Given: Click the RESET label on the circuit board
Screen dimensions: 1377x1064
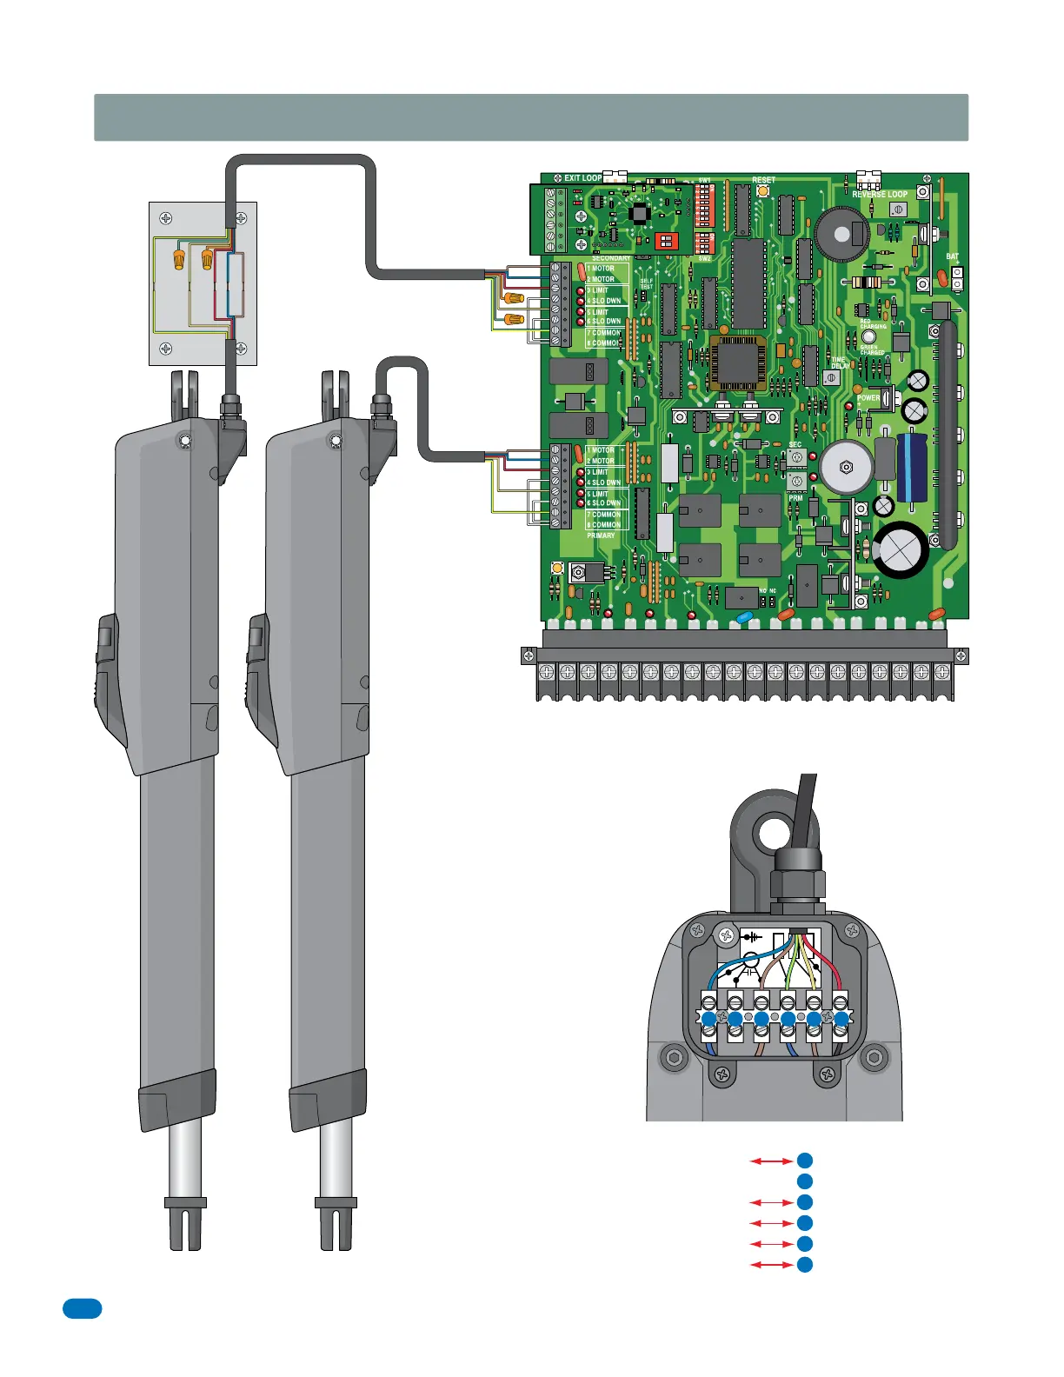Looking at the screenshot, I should click(x=763, y=180).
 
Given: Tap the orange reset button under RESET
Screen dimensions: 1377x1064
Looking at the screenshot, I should click(x=763, y=190).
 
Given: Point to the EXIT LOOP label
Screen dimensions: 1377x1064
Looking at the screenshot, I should click(x=582, y=178).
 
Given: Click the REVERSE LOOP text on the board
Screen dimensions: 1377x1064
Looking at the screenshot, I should click(x=880, y=195).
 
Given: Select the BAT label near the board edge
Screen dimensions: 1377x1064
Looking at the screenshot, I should click(x=953, y=257).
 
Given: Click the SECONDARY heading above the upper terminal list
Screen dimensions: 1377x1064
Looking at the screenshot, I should click(x=610, y=258).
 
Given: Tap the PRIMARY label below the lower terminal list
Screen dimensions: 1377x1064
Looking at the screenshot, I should click(x=601, y=535).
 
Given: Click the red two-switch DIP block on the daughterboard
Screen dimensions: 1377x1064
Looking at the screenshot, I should click(x=666, y=239).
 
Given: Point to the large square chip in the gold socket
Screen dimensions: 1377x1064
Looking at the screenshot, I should click(x=739, y=362).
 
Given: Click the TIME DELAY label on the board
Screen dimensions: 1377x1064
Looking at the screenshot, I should click(x=839, y=363).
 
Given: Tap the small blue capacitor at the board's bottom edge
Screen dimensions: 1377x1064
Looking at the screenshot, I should click(x=744, y=617).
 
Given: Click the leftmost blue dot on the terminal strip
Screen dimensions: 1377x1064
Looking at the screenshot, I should click(x=708, y=1019).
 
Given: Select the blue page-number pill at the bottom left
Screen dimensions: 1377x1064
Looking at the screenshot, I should click(x=82, y=1308).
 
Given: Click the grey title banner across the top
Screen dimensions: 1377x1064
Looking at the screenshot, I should click(x=531, y=117).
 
